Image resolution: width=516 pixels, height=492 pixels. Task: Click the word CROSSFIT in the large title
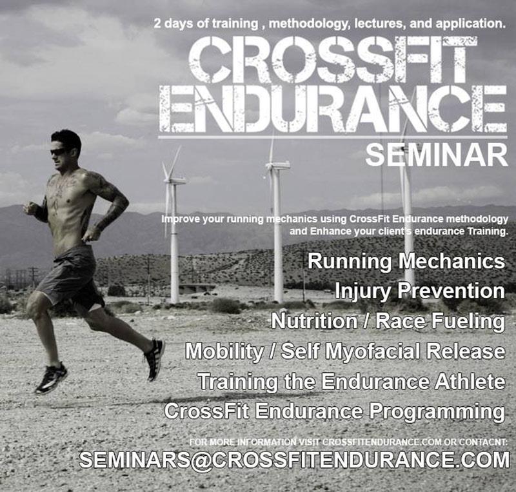332,59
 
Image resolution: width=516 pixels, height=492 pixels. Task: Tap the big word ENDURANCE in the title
333,108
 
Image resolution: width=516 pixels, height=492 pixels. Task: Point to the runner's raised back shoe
155,359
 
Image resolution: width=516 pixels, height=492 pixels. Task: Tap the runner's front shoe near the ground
51,379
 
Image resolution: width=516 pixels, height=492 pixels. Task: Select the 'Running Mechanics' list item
406,262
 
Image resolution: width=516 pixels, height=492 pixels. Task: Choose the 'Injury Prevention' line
420,291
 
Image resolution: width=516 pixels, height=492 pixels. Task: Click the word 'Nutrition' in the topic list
314,321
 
